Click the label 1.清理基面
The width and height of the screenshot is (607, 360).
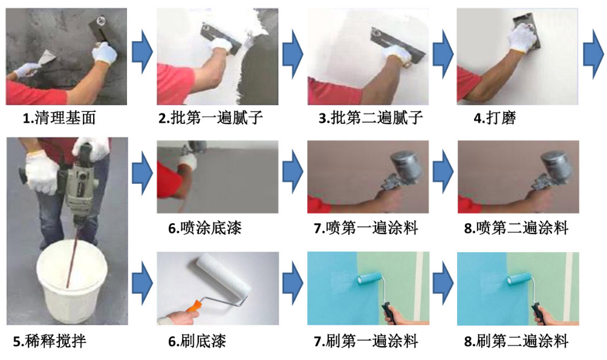[x=59, y=118]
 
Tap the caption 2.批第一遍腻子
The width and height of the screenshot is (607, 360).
[x=211, y=118]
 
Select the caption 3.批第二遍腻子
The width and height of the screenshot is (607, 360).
[x=371, y=118]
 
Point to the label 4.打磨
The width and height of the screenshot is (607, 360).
[x=495, y=118]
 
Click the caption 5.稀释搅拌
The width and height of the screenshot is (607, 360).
[x=50, y=341]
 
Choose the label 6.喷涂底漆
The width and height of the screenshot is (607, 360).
[x=205, y=228]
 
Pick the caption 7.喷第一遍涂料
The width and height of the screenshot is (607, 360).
[x=366, y=228]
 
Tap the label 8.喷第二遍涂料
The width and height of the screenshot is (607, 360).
[x=516, y=228]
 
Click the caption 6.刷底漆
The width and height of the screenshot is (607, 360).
[x=197, y=341]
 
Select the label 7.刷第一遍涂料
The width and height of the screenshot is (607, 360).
[x=366, y=341]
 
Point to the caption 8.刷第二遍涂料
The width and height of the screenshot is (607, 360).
[x=516, y=341]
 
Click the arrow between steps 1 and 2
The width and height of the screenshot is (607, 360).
[x=141, y=51]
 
